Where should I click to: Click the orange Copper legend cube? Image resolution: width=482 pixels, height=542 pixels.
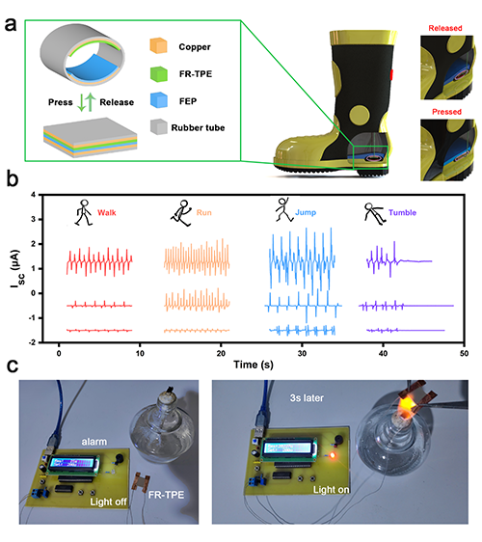point(159,45)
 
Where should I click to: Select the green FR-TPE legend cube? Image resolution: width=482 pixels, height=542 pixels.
point(159,73)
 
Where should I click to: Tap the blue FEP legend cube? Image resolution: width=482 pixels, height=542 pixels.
point(159,100)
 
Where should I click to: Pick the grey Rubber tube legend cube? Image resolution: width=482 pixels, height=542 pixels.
point(159,127)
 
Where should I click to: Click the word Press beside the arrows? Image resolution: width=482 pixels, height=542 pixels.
point(61,102)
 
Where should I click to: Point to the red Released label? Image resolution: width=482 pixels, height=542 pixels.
point(445,28)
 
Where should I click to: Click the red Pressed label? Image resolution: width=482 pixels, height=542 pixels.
point(446,112)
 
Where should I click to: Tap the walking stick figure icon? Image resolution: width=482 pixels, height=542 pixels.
point(84,212)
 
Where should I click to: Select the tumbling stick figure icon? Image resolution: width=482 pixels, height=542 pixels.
point(375,214)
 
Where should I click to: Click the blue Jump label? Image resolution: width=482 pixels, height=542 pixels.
point(306,212)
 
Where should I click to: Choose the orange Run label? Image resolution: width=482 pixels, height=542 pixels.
point(203,212)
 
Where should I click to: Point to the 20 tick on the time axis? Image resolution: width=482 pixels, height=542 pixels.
point(221,353)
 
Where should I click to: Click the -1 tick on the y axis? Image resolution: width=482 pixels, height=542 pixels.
point(32,318)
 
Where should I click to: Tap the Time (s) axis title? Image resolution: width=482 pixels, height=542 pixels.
point(254,365)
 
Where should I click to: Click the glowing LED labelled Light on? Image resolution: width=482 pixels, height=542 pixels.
point(333,455)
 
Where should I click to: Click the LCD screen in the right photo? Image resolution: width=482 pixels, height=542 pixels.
point(287,448)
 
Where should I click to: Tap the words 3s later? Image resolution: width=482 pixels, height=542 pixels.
point(307,398)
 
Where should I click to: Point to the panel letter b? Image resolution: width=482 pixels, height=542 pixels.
point(13,179)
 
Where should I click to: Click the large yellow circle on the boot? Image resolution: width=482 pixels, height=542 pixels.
point(361,116)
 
